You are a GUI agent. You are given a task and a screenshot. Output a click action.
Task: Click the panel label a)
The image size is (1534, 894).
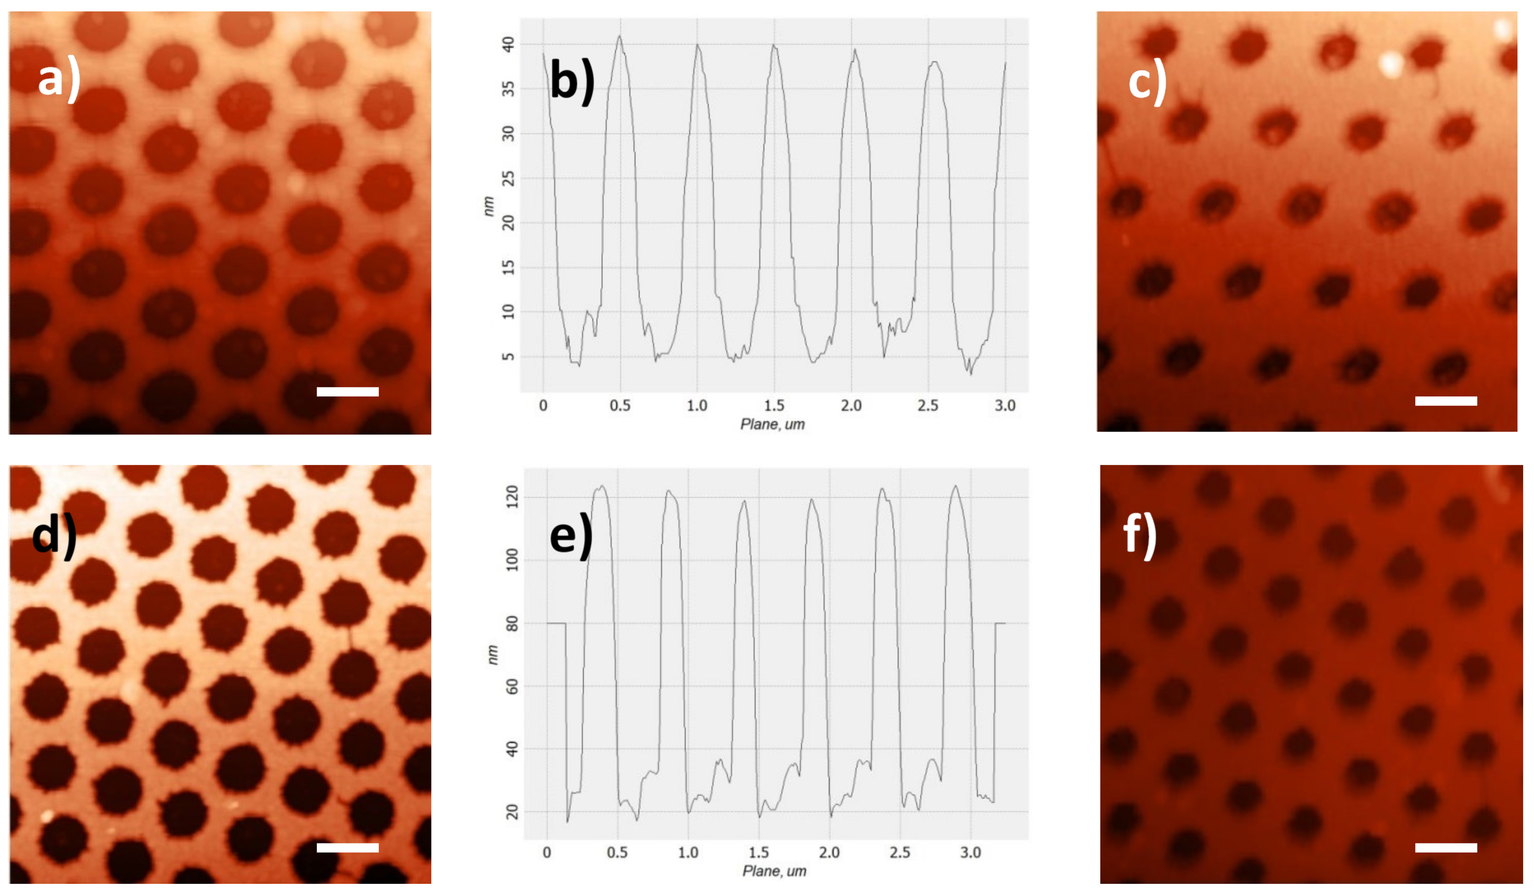point(59,79)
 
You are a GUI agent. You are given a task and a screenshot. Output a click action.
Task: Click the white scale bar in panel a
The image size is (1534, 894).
point(348,392)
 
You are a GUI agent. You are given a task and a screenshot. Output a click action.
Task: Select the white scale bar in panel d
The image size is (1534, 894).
point(348,848)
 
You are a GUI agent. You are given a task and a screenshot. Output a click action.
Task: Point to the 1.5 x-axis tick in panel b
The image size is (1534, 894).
point(774,405)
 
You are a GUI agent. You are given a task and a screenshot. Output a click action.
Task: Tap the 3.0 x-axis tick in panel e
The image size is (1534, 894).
point(970,852)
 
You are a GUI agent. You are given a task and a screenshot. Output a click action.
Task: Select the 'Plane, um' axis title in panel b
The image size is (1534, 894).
point(773,424)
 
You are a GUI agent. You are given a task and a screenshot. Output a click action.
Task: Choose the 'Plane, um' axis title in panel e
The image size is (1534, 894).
point(774,871)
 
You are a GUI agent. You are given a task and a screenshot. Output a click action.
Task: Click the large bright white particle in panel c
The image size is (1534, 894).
point(1390,64)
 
